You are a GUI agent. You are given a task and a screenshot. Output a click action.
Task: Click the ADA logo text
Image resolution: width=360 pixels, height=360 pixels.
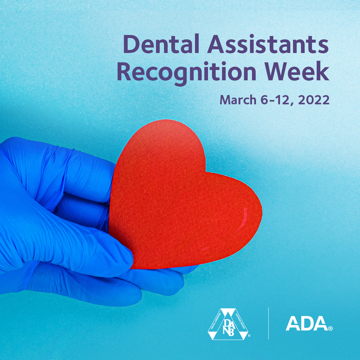click(306, 324)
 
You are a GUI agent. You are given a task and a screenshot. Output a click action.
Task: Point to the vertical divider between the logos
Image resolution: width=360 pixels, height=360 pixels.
click(268, 323)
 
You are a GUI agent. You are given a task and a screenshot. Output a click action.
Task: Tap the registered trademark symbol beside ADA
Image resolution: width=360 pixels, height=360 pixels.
click(330, 329)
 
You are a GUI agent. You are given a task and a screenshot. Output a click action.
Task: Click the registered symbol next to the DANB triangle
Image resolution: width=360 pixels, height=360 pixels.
click(249, 337)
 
